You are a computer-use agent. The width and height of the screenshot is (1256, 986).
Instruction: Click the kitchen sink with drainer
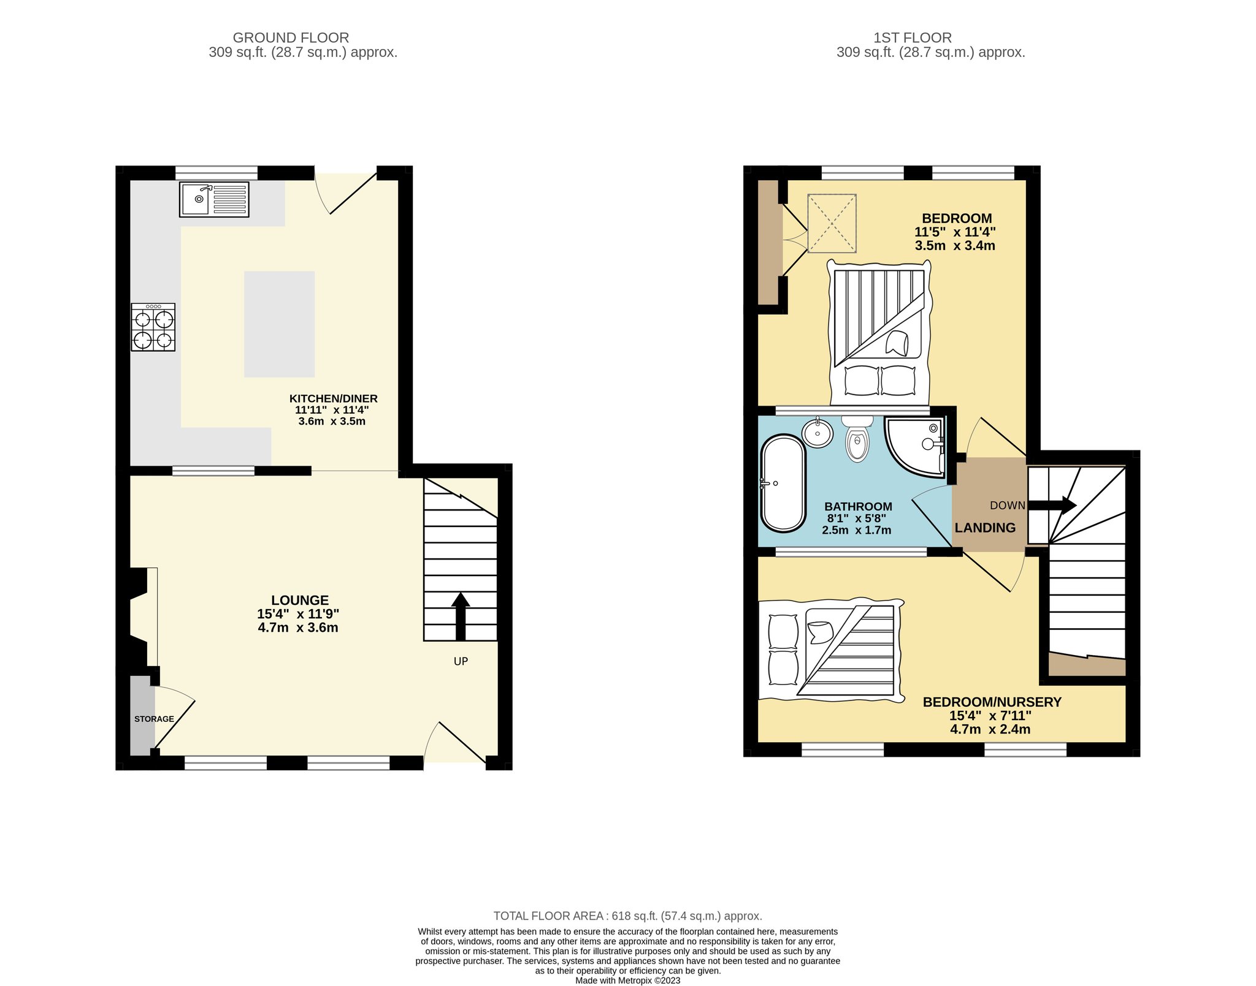click(214, 199)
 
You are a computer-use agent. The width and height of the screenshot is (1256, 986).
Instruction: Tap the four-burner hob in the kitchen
click(153, 327)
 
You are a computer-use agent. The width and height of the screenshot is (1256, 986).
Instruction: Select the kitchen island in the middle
click(279, 324)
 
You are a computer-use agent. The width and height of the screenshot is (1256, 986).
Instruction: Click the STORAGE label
click(154, 719)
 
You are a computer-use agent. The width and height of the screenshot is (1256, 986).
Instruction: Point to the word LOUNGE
click(300, 601)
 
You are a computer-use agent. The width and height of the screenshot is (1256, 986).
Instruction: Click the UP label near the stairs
click(461, 661)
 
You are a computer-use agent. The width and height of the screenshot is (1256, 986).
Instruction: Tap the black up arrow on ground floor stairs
click(461, 616)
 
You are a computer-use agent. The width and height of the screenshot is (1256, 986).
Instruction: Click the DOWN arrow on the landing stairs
click(1052, 505)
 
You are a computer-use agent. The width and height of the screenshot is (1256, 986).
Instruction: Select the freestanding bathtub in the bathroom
click(783, 483)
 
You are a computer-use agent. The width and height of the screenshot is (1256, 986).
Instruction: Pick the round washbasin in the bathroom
click(817, 433)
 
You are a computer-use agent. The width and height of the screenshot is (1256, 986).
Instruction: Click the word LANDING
click(985, 528)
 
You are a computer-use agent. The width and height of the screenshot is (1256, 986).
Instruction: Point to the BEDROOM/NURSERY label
click(992, 702)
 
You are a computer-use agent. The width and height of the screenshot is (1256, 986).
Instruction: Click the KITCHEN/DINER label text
click(333, 398)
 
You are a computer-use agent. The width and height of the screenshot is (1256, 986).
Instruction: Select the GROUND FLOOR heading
click(291, 38)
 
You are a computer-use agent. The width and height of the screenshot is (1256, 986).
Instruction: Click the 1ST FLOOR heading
click(913, 38)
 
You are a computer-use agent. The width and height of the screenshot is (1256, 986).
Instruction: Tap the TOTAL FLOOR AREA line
click(628, 916)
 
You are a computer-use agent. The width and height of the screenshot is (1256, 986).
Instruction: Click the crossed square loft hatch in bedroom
click(832, 223)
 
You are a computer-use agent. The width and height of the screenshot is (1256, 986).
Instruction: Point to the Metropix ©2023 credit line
click(628, 980)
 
